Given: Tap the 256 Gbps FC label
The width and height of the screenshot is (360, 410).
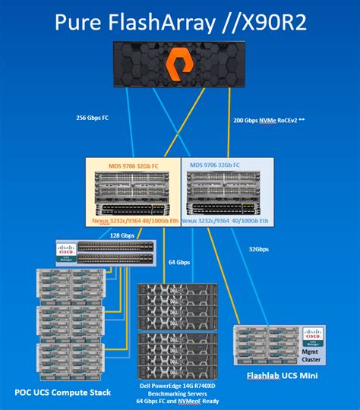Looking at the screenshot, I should (96, 118).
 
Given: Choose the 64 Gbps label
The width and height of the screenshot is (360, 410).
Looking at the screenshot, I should (179, 262).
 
